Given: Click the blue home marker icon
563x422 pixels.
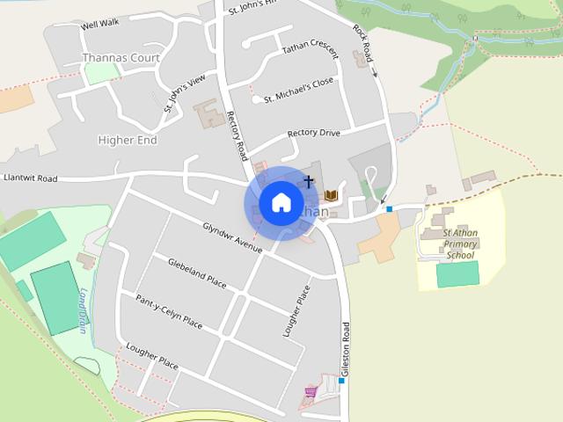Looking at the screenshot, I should (x=281, y=203).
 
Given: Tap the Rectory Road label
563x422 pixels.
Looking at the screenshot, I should (x=235, y=134).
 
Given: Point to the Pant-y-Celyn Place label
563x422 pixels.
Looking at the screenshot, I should (x=169, y=312).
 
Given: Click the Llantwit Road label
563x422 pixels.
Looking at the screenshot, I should (x=30, y=178).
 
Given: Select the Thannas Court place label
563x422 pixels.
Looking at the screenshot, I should (x=118, y=58).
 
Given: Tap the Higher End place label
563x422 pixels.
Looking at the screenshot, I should (x=127, y=140).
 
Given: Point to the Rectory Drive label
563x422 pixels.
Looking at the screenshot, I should (x=313, y=134).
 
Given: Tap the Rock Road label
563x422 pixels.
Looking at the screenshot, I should (x=364, y=43).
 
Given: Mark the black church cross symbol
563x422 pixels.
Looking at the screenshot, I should (x=309, y=181).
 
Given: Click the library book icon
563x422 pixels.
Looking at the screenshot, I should (x=332, y=194).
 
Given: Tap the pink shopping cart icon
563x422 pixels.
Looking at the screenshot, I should (x=310, y=391).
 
